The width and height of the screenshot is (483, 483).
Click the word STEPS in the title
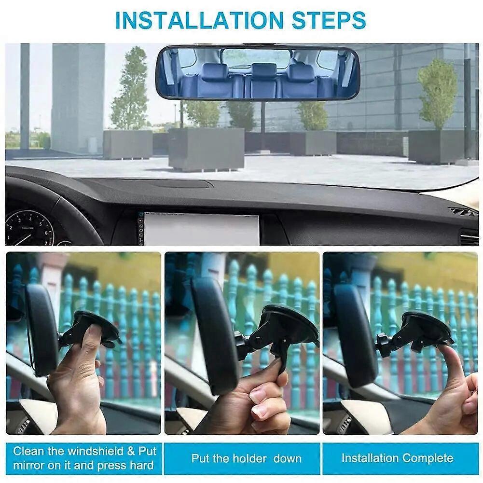329,20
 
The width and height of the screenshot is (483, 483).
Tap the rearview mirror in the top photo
257,72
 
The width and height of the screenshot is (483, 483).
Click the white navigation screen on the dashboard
201,229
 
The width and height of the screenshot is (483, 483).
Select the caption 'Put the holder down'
246,458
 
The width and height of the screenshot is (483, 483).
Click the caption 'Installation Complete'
397,458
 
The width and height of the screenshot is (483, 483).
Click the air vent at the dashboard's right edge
462,212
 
